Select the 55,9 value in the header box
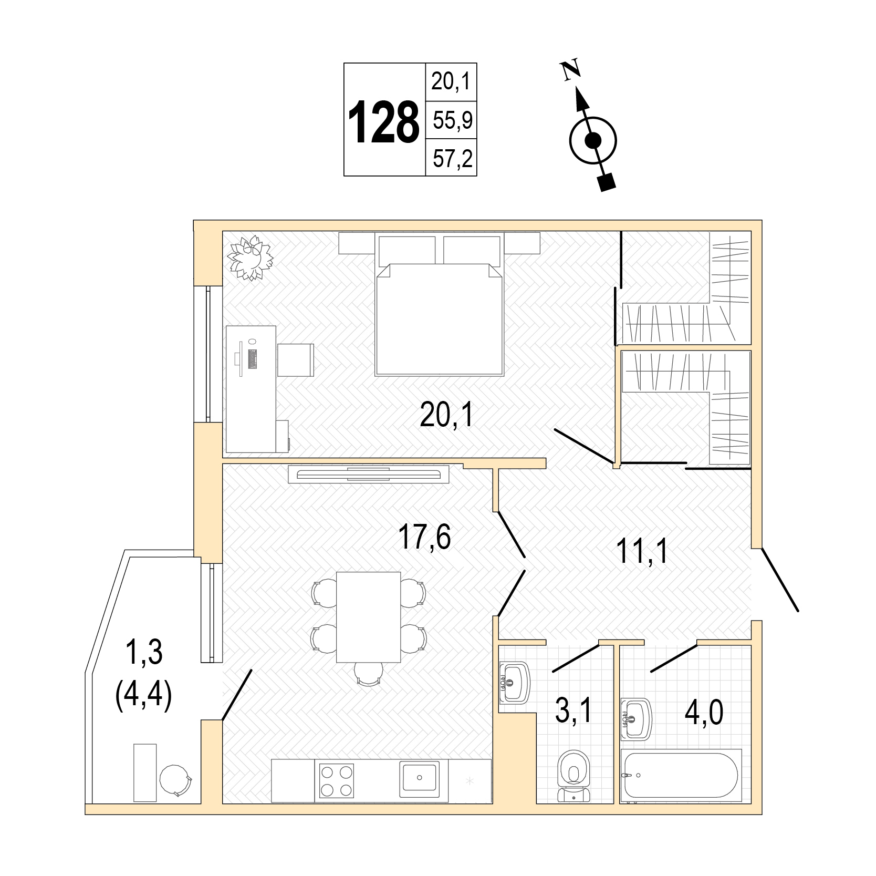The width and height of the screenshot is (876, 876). [452, 120]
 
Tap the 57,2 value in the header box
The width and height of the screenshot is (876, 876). [452, 158]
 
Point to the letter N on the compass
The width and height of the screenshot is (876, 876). [570, 70]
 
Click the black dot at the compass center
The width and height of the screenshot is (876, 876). [593, 140]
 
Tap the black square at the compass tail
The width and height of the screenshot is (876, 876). [607, 182]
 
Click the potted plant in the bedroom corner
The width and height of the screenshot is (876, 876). [251, 258]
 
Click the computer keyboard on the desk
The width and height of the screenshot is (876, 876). [253, 358]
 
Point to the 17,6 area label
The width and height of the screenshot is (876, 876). [424, 537]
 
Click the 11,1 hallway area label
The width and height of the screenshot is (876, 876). [642, 551]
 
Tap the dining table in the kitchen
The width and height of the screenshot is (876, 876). [369, 617]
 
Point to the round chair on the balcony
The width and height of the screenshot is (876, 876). [175, 780]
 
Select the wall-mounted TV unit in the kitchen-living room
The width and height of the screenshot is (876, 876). [369, 474]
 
